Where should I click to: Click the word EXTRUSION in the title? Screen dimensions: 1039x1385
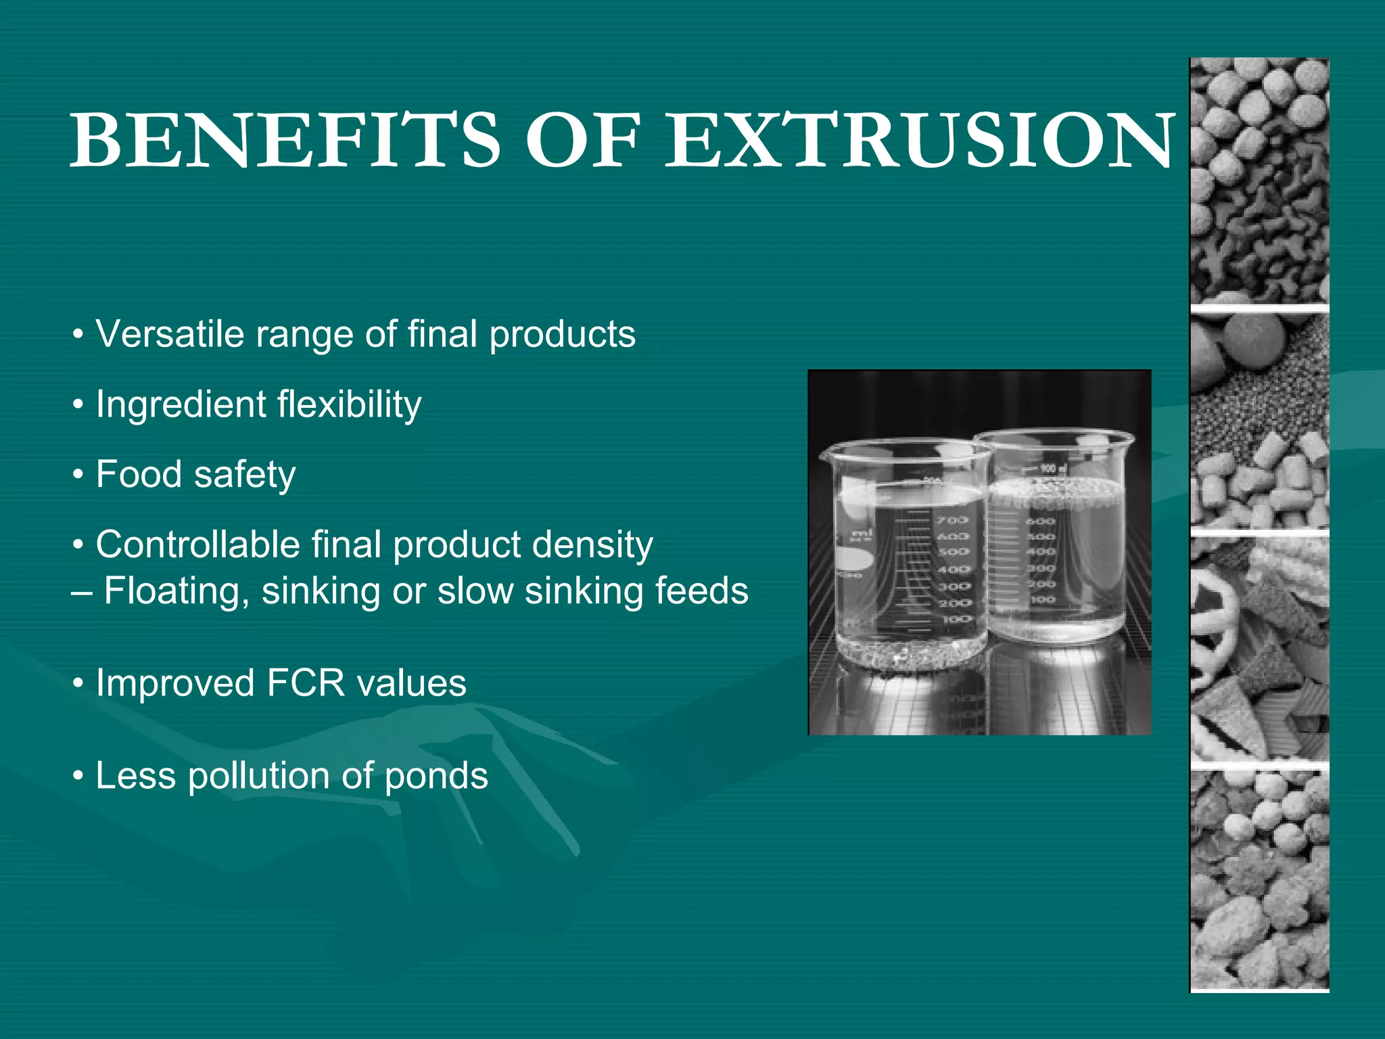click(920, 140)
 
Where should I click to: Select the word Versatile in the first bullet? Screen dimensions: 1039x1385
click(169, 334)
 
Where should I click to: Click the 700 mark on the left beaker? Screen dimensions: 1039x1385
click(952, 520)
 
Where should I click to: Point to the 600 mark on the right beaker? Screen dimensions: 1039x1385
click(1041, 521)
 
